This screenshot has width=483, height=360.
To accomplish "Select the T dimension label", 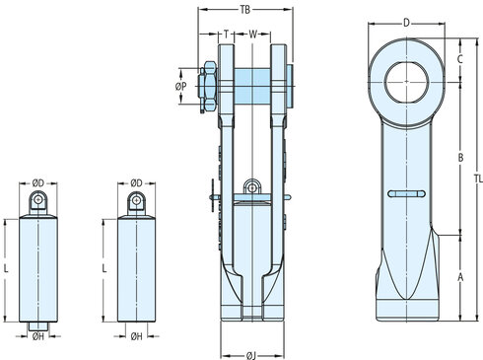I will (226, 34).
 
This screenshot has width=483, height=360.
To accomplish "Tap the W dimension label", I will (252, 34).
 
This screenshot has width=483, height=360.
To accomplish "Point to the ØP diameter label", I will (180, 87).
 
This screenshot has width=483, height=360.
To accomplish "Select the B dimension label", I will (461, 158).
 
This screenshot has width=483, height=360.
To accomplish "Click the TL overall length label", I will (477, 180).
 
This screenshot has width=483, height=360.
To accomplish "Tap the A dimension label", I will (461, 278).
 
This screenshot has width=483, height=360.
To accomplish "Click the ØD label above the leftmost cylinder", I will (38, 183).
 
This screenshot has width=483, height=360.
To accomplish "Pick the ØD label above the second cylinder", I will (137, 183).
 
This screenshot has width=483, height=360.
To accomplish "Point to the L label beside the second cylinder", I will (105, 268).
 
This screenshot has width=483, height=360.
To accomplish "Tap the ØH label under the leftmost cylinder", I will (38, 337).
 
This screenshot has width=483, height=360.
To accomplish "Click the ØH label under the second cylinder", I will (137, 337).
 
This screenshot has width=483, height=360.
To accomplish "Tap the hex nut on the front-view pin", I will (209, 85).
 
